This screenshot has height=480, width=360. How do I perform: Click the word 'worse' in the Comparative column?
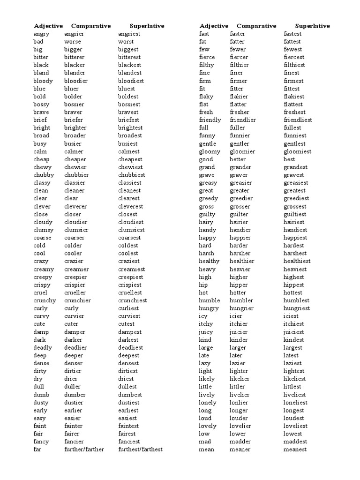pos(73,42)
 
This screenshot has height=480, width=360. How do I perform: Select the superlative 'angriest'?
pos(129,34)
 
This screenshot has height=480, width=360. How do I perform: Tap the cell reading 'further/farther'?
pos(84,450)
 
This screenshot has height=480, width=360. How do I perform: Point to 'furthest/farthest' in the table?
pos(141,450)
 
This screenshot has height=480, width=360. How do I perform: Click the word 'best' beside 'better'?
pos(290,159)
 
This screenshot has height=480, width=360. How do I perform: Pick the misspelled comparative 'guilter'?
pos(240,214)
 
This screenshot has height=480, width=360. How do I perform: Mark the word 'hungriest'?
pos(297,308)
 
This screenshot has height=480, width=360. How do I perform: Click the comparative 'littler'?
pos(238,387)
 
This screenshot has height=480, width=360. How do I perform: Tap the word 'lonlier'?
pos(239,403)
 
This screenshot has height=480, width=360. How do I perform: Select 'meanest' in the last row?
pos(295,450)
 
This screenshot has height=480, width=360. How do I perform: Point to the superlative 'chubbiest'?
pos(132,175)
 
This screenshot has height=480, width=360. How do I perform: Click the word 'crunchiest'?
pos(133,300)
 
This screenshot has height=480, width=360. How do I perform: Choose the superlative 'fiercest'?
pos(294,57)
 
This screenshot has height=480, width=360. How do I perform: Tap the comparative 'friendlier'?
pos(243,120)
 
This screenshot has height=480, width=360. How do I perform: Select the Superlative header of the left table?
pos(147,26)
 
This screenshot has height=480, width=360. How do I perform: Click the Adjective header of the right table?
pos(214,26)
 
